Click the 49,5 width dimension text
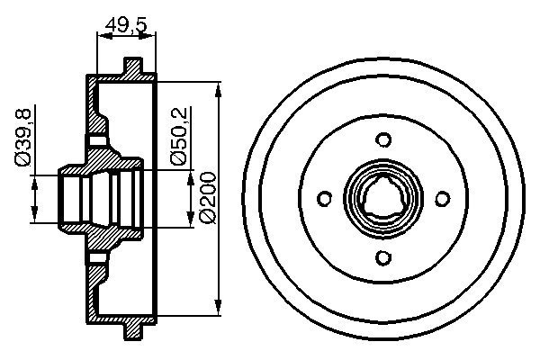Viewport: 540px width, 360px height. (x=125, y=24)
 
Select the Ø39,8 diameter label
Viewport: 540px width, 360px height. (x=25, y=135)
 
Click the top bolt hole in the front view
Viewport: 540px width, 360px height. (x=383, y=139)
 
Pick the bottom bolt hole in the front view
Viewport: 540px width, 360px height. (x=383, y=259)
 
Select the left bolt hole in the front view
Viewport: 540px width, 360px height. (x=324, y=200)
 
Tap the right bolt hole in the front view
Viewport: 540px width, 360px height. (x=443, y=200)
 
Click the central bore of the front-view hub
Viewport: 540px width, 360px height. (x=383, y=200)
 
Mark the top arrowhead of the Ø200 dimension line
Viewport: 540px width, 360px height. (x=219, y=89)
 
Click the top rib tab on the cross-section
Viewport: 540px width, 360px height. (x=132, y=67)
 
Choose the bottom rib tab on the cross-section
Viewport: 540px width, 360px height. (x=132, y=332)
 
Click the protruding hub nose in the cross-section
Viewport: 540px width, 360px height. (x=72, y=199)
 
